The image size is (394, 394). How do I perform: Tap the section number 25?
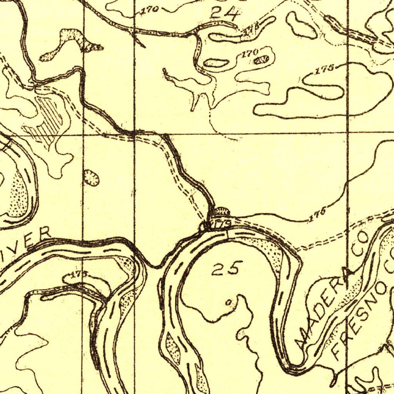point(227,268)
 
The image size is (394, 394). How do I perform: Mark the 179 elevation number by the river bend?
point(222,223)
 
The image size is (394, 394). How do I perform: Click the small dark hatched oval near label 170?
point(262,59)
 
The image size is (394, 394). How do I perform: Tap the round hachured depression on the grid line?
point(92,178)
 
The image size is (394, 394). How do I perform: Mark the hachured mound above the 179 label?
point(221,211)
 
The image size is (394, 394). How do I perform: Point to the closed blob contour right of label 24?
point(301,25)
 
